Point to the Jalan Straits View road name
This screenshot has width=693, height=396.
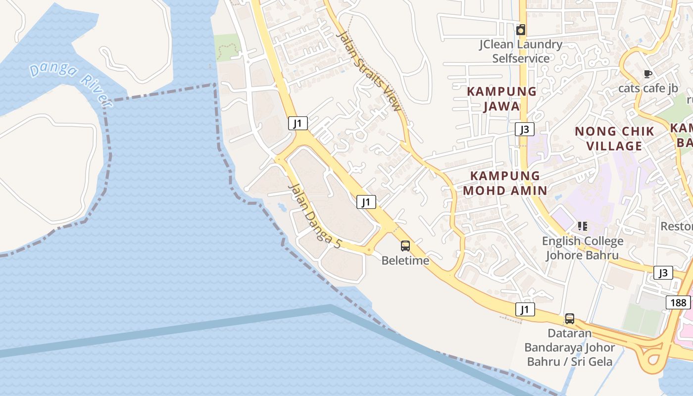coord(369,71)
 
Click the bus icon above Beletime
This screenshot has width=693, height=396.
coord(405,246)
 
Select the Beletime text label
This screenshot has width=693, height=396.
coord(405,260)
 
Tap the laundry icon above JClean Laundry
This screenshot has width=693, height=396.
coord(520,30)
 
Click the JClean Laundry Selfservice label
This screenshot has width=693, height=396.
coord(521,51)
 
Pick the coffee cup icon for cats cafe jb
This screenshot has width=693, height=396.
coord(647,74)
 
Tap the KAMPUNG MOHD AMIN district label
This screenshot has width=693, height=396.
coord(505,183)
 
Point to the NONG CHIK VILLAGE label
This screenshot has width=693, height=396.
coord(614,139)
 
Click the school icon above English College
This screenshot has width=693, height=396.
coord(583,226)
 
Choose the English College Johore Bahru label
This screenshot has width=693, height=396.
coord(583,248)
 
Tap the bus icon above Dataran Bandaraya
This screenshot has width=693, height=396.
coord(570,319)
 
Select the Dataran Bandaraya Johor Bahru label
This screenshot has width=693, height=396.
coord(570,347)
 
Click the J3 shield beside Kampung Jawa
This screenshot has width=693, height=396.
coord(524,130)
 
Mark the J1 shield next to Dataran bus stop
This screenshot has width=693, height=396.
coord(525,310)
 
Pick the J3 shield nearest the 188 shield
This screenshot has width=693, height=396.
coord(663,273)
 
